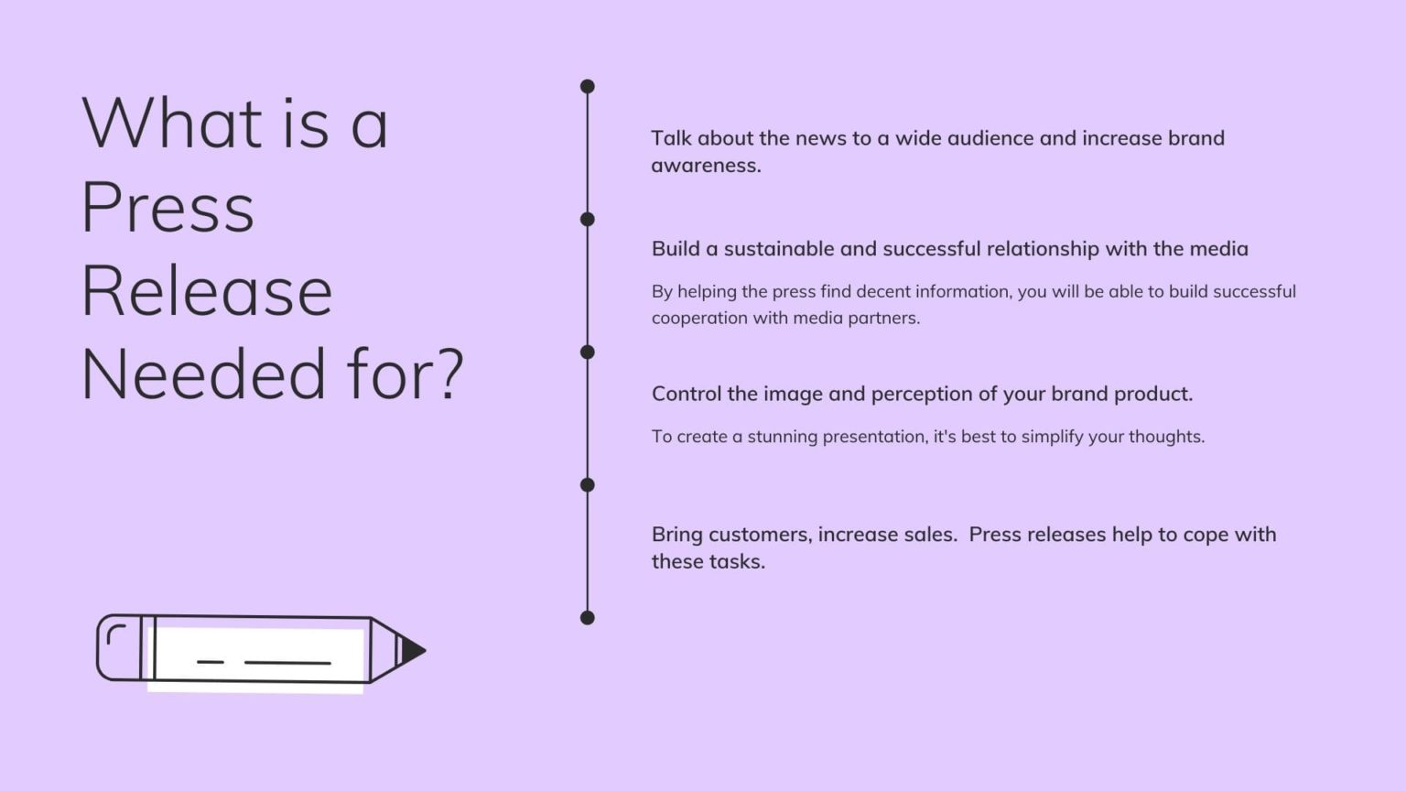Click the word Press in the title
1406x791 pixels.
tap(168, 208)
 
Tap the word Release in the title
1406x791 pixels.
tap(207, 291)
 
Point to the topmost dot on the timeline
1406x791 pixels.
tap(588, 87)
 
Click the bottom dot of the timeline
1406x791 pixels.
tap(588, 618)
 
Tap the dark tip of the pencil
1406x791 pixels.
tap(413, 650)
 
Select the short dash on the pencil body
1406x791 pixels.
tap(211, 661)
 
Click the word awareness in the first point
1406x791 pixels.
tap(704, 166)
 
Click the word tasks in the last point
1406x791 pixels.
tap(741, 562)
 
